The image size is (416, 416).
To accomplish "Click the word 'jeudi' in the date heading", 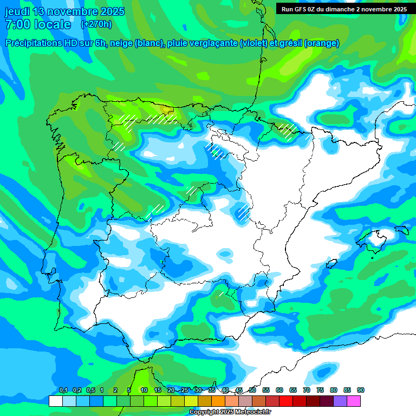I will coord(17,12).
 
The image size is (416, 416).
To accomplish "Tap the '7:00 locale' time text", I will coord(37,24).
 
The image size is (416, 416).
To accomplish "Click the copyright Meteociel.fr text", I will coord(230,412).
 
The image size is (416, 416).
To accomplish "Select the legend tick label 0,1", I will coord(63,391).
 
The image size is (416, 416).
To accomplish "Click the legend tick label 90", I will coord(361,391).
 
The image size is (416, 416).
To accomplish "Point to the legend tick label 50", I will coord(252,391).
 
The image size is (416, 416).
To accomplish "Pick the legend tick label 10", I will coord(144,391).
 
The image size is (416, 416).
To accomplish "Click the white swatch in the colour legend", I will coord(55,401).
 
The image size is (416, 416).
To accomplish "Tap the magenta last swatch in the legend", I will coord(354,401).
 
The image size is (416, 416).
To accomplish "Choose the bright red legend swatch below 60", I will coord(286,401).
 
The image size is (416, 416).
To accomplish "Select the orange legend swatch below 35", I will coord(218,401).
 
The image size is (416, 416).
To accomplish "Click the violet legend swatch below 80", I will coord(340,401).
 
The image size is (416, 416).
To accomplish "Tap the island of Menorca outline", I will coord(401,230).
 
